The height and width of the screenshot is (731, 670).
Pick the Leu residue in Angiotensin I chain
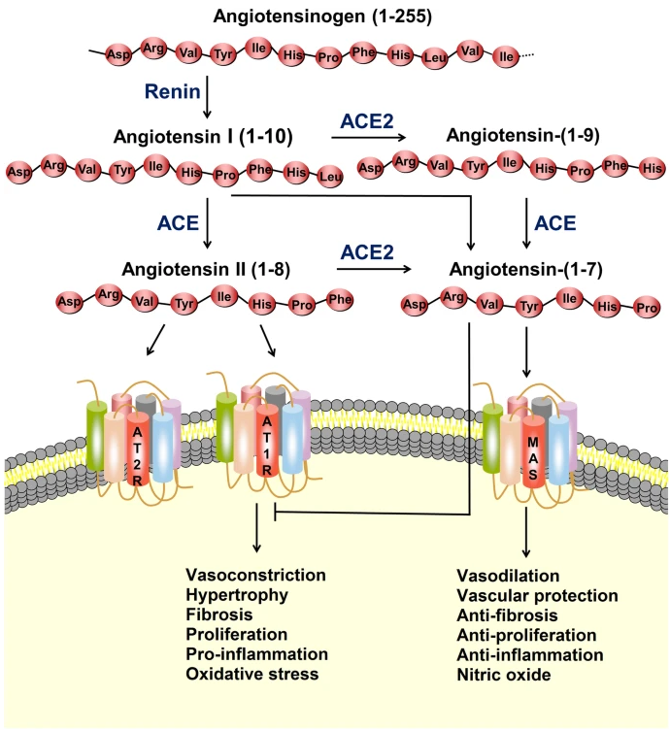330,177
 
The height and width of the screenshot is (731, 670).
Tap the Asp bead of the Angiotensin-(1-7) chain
415,305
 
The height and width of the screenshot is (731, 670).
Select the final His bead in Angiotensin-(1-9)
652,168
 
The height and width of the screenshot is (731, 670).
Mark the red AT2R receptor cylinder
137,447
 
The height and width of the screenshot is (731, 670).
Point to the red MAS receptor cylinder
532,449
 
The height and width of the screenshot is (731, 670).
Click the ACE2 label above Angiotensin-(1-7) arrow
368,251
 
